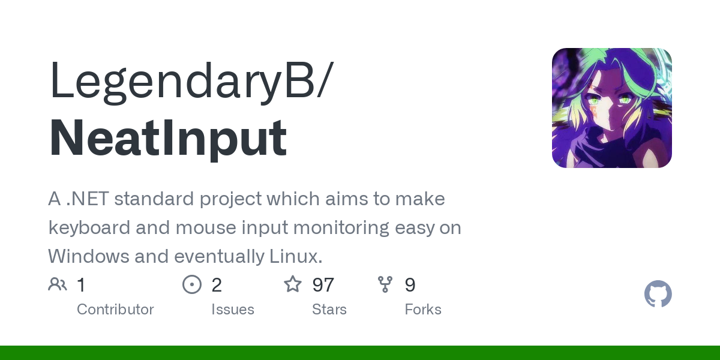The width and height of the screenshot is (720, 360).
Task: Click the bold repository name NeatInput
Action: (168, 138)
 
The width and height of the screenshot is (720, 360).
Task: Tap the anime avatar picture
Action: (611, 108)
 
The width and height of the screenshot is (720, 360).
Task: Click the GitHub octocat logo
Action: (658, 294)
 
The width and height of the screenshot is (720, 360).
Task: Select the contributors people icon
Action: (58, 284)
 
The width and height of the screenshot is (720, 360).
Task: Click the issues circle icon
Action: (192, 284)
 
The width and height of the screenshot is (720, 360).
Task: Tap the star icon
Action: (293, 284)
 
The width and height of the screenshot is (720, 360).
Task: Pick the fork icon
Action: (385, 284)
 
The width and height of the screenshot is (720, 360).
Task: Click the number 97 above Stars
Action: (323, 285)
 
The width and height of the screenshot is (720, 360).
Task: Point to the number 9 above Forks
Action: (410, 285)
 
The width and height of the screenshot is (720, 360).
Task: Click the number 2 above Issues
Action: (217, 285)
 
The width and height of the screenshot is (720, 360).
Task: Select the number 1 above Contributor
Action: (81, 285)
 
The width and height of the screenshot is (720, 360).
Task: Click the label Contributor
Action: (115, 310)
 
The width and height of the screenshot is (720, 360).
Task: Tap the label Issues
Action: (233, 310)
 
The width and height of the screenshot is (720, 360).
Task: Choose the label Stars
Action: (329, 310)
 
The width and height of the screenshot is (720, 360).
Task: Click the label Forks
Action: (423, 310)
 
